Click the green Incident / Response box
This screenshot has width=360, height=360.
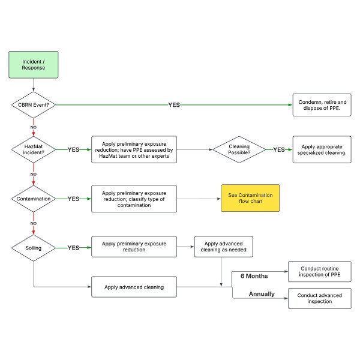(34, 65)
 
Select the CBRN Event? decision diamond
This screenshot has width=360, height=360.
(34, 105)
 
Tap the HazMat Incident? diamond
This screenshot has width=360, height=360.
(34, 149)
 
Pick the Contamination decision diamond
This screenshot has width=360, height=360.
(34, 199)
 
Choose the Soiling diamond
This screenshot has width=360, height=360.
(34, 248)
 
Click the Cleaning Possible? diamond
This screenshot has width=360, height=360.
(239, 149)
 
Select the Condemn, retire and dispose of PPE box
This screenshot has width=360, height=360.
(322, 105)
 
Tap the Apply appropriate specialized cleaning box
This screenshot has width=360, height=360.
(322, 149)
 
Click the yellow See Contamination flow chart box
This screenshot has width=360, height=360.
(250, 198)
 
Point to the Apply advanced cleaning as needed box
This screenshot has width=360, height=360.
(224, 247)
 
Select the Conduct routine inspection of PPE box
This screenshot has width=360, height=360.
(320, 271)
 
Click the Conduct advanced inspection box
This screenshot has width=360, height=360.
(320, 298)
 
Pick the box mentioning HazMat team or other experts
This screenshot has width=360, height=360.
(134, 149)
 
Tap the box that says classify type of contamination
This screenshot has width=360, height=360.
(134, 199)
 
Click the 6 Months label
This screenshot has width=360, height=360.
(254, 276)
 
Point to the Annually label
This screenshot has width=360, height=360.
(262, 294)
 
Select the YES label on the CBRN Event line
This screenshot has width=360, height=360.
(174, 105)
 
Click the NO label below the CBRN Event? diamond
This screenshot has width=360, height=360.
(34, 127)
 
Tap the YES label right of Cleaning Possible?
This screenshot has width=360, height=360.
(279, 149)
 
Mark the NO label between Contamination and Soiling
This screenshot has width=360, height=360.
(34, 223)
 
